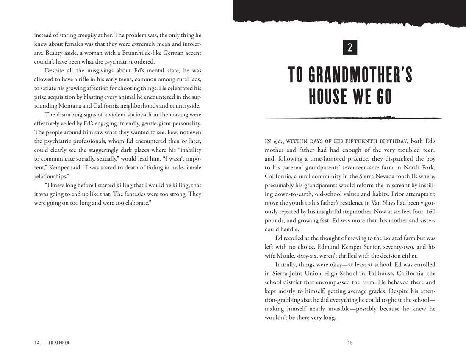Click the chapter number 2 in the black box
coord(350,47)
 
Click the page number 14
coord(37,343)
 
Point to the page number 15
coord(350,343)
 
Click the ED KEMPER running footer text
coord(59,343)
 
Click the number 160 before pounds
coord(430,211)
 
